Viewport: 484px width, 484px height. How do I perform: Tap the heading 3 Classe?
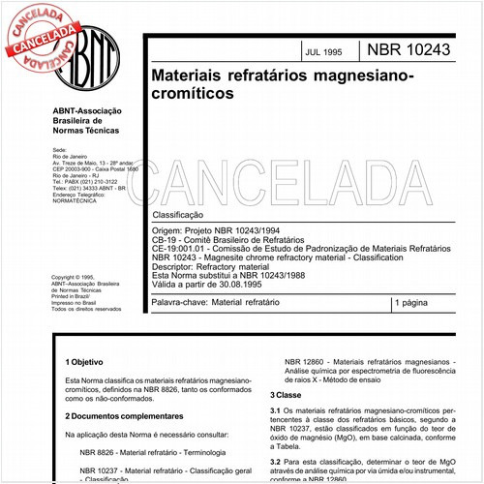click(287, 396)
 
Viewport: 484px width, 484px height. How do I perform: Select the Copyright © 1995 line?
click(76, 277)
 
